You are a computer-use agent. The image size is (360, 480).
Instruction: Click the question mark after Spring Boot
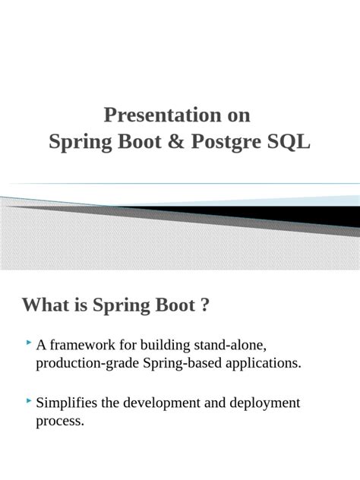click(205, 305)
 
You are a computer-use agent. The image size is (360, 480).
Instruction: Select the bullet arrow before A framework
click(28, 344)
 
